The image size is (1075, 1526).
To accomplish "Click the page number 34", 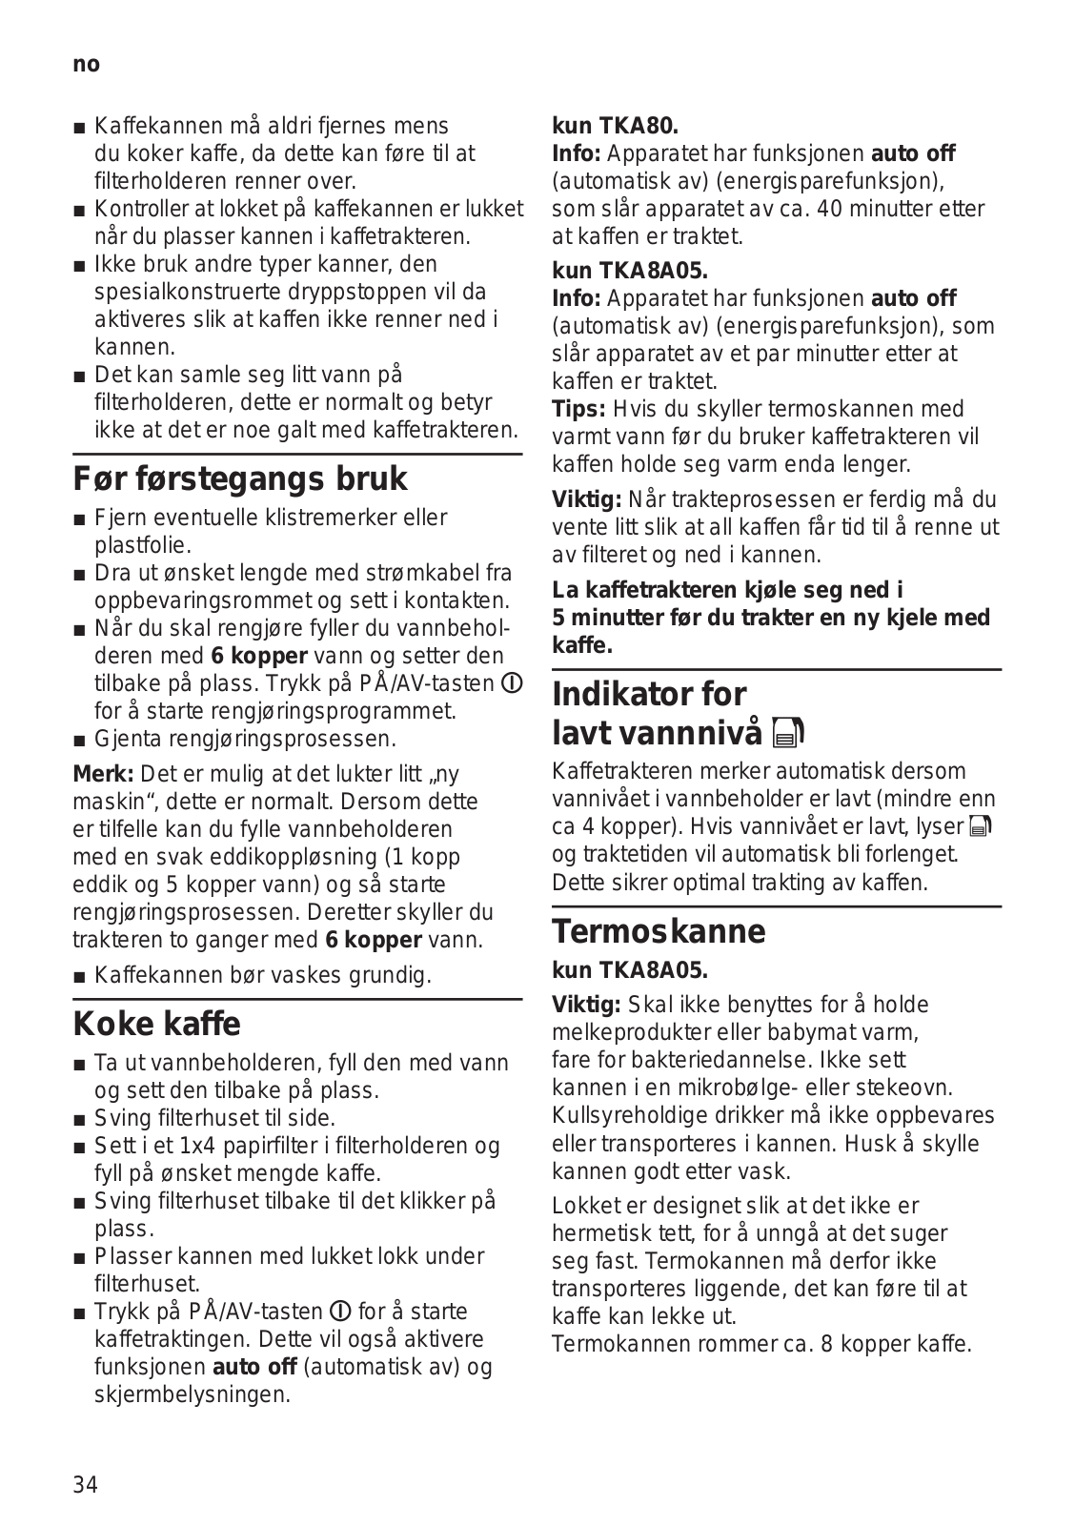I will pyautogui.click(x=85, y=1484).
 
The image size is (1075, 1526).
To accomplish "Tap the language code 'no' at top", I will pyautogui.click(x=86, y=64).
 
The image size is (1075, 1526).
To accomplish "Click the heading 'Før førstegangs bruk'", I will pyautogui.click(x=240, y=478).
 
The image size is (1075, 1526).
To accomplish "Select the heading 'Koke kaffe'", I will pyautogui.click(x=157, y=1024).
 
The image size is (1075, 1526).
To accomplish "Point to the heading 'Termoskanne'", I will pyautogui.click(x=659, y=930).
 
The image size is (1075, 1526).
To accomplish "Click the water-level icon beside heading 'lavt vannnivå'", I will pyautogui.click(x=791, y=733).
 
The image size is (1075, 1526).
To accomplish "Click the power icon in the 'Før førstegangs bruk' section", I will pyautogui.click(x=512, y=683).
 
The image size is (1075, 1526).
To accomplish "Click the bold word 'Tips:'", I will pyautogui.click(x=578, y=410).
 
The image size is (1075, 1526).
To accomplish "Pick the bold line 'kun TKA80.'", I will pyautogui.click(x=616, y=125).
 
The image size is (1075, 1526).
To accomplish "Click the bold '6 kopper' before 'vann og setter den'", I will pyautogui.click(x=258, y=656).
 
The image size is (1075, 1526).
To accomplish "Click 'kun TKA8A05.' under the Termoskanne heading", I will pyautogui.click(x=630, y=970).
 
